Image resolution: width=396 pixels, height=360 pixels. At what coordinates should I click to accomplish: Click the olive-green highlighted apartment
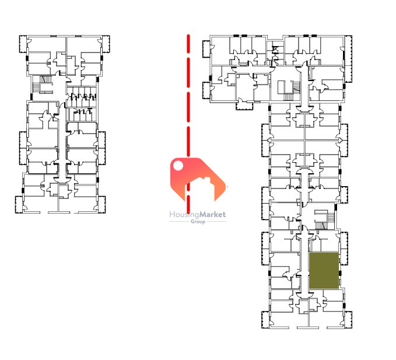(x=324, y=270)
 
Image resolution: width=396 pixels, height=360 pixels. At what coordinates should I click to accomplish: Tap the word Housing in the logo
(x=184, y=215)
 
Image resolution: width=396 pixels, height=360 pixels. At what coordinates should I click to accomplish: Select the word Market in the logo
(x=212, y=215)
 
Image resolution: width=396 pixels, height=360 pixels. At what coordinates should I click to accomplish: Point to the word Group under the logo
(x=198, y=222)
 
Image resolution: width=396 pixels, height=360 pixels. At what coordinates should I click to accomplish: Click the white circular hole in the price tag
(x=178, y=166)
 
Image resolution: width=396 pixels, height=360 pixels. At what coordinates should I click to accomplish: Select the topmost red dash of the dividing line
(x=188, y=44)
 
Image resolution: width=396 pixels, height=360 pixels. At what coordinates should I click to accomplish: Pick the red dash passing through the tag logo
(x=188, y=200)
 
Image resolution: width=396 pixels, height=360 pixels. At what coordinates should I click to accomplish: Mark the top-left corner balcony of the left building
(x=23, y=44)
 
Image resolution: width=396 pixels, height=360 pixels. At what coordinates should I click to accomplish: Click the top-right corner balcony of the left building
(x=106, y=44)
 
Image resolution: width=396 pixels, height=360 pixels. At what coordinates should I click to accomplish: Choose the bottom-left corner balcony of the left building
(x=19, y=204)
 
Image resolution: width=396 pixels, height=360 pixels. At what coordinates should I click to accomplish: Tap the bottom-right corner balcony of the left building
(x=101, y=204)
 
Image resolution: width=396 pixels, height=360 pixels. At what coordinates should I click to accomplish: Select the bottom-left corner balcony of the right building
(x=266, y=320)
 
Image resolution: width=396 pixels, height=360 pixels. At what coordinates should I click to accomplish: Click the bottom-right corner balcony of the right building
(x=348, y=320)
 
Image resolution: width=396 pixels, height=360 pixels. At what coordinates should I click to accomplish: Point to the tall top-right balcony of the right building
(x=348, y=59)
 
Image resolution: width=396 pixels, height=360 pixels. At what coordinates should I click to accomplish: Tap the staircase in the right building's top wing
(x=289, y=91)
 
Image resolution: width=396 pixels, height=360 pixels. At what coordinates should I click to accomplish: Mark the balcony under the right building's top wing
(x=244, y=106)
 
